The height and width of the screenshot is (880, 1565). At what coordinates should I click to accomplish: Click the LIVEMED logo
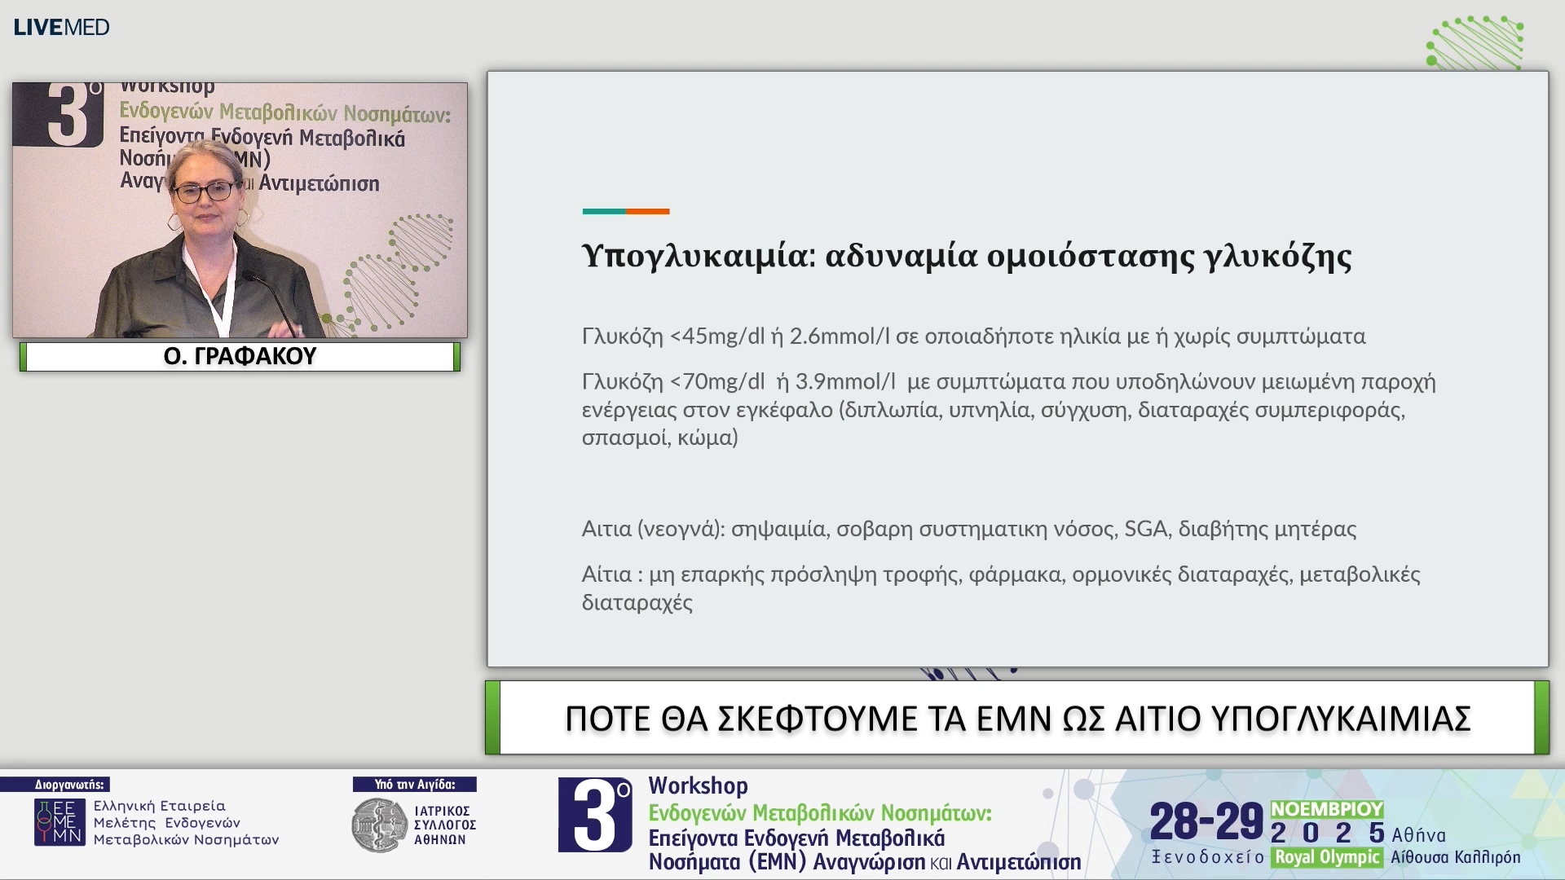62,27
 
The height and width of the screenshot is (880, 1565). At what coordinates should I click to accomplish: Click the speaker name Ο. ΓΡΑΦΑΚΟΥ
240,356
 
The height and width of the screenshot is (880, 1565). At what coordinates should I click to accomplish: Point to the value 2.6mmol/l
840,337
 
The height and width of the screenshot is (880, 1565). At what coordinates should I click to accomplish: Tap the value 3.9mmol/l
845,382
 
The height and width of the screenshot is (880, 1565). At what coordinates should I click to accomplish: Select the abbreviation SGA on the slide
1146,529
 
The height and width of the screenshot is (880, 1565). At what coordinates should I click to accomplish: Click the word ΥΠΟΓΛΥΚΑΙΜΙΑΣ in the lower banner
1341,719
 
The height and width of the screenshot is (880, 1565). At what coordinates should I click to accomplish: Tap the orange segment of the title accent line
648,211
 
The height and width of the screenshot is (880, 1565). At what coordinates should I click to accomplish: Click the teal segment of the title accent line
604,211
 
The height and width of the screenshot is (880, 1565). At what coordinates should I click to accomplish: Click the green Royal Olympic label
1327,857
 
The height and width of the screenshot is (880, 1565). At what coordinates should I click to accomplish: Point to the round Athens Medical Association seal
378,825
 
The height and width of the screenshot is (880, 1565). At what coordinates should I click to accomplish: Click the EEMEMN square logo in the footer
60,822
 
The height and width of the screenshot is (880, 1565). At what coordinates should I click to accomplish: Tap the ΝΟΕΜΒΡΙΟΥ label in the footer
1327,809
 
